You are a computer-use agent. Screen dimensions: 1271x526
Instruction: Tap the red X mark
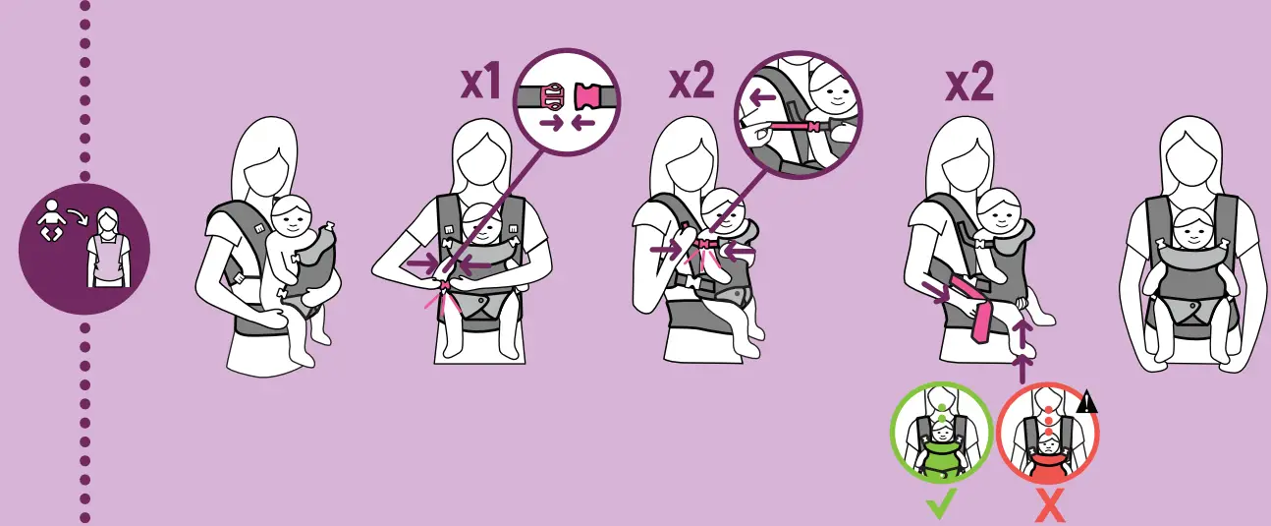[x=1049, y=506]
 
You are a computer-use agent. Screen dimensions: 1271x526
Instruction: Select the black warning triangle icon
[x=1086, y=401]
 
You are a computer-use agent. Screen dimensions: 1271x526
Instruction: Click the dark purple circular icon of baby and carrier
[x=84, y=249]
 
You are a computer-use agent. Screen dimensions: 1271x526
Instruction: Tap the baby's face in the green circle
[x=942, y=435]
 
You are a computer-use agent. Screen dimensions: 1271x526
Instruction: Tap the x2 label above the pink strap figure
[x=969, y=83]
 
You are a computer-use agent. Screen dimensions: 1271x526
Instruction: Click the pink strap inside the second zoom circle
[x=794, y=127]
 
